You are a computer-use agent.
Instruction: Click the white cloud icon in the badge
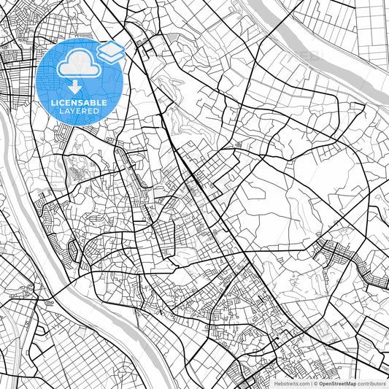pos(79,66)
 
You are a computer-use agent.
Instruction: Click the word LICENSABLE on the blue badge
pos(79,103)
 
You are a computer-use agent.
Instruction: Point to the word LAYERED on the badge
pos(79,111)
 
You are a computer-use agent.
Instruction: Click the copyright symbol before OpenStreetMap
pos(316,383)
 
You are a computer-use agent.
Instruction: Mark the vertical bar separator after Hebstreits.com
pos(310,383)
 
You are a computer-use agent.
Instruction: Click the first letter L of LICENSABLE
pos(53,103)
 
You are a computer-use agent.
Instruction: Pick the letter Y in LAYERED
pos(74,111)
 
